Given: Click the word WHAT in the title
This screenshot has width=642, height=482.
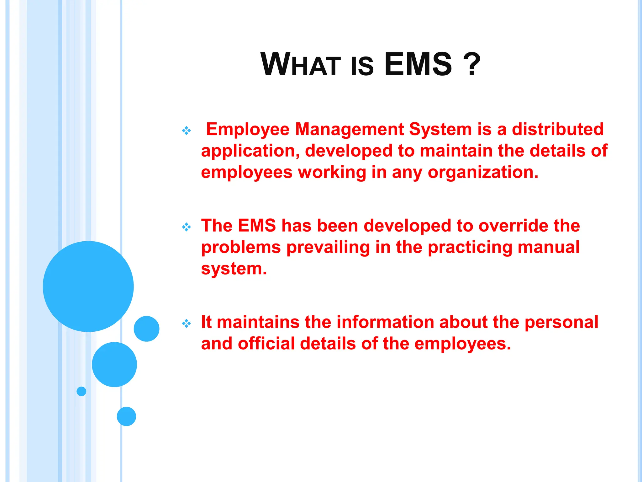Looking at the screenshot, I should click(300, 65).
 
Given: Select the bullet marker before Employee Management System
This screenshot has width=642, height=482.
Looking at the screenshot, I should click(187, 131).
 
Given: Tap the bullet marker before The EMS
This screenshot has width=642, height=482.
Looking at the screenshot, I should click(187, 227).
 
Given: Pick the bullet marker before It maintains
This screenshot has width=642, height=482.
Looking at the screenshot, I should click(187, 323).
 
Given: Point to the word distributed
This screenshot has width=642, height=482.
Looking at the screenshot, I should click(558, 129).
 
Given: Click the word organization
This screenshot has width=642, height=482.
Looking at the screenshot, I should click(483, 173).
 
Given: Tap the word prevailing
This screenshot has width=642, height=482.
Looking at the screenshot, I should click(328, 248).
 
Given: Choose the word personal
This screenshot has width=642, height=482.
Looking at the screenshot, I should click(561, 322).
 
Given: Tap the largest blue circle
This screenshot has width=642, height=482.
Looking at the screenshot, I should click(88, 286).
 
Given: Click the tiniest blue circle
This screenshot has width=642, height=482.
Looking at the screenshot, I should click(81, 391).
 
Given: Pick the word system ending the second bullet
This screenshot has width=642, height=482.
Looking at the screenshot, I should click(233, 269).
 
